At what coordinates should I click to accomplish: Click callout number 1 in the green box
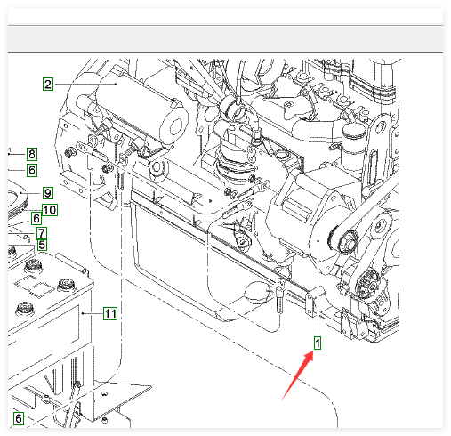point(318,343)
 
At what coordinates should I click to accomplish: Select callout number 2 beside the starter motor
point(48,85)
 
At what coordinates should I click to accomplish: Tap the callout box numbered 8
point(32,154)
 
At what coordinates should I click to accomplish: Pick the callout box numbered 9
point(48,193)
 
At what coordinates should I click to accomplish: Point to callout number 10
point(50,210)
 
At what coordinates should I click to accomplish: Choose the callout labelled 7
point(42,233)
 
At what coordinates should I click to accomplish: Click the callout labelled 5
point(42,245)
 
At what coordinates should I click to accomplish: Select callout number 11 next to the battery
point(110,313)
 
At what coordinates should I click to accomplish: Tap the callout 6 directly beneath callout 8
point(32,170)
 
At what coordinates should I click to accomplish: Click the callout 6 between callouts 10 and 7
point(36,219)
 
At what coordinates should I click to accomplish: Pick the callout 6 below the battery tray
point(19,418)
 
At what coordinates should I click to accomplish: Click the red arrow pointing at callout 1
point(297,375)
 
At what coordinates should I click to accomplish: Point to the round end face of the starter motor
point(175,125)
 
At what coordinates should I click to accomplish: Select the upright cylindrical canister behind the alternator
point(354,148)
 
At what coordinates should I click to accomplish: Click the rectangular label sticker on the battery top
point(35,286)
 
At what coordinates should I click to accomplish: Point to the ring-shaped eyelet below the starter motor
point(158,168)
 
